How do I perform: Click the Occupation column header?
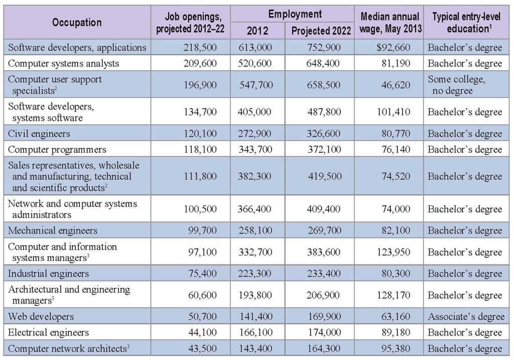click(x=77, y=22)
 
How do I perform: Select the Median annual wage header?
click(x=390, y=23)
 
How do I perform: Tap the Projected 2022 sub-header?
click(x=322, y=31)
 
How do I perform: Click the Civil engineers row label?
click(x=39, y=134)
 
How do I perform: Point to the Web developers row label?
click(x=41, y=317)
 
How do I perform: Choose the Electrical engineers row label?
click(x=49, y=332)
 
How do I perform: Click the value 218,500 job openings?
click(x=200, y=48)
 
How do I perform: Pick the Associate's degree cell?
click(x=465, y=317)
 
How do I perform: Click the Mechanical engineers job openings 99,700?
click(x=202, y=230)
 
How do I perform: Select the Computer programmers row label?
click(x=57, y=149)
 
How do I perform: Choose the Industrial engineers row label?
click(x=49, y=274)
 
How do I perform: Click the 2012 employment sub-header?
click(x=258, y=31)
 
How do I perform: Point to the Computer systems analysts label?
click(x=64, y=63)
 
